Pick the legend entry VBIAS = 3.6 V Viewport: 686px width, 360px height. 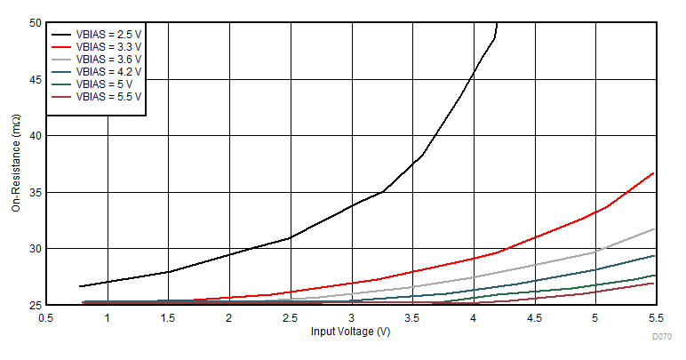pyautogui.click(x=108, y=60)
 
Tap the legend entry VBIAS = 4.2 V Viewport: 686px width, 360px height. pyautogui.click(x=108, y=72)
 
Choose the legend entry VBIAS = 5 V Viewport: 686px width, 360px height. pyautogui.click(x=103, y=84)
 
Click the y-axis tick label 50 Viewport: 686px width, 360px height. pyautogui.click(x=36, y=23)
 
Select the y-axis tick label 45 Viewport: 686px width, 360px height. pyautogui.click(x=36, y=79)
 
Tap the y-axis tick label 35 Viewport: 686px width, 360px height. pyautogui.click(x=36, y=192)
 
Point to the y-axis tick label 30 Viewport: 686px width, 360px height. pyautogui.click(x=36, y=248)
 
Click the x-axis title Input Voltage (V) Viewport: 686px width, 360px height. pyautogui.click(x=350, y=332)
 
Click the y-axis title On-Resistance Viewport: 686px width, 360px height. pyautogui.click(x=16, y=164)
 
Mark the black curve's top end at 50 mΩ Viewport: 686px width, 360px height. pyautogui.click(x=497, y=24)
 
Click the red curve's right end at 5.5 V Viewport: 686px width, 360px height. pyautogui.click(x=654, y=172)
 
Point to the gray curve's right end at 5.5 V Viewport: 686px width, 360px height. pyautogui.click(x=654, y=229)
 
